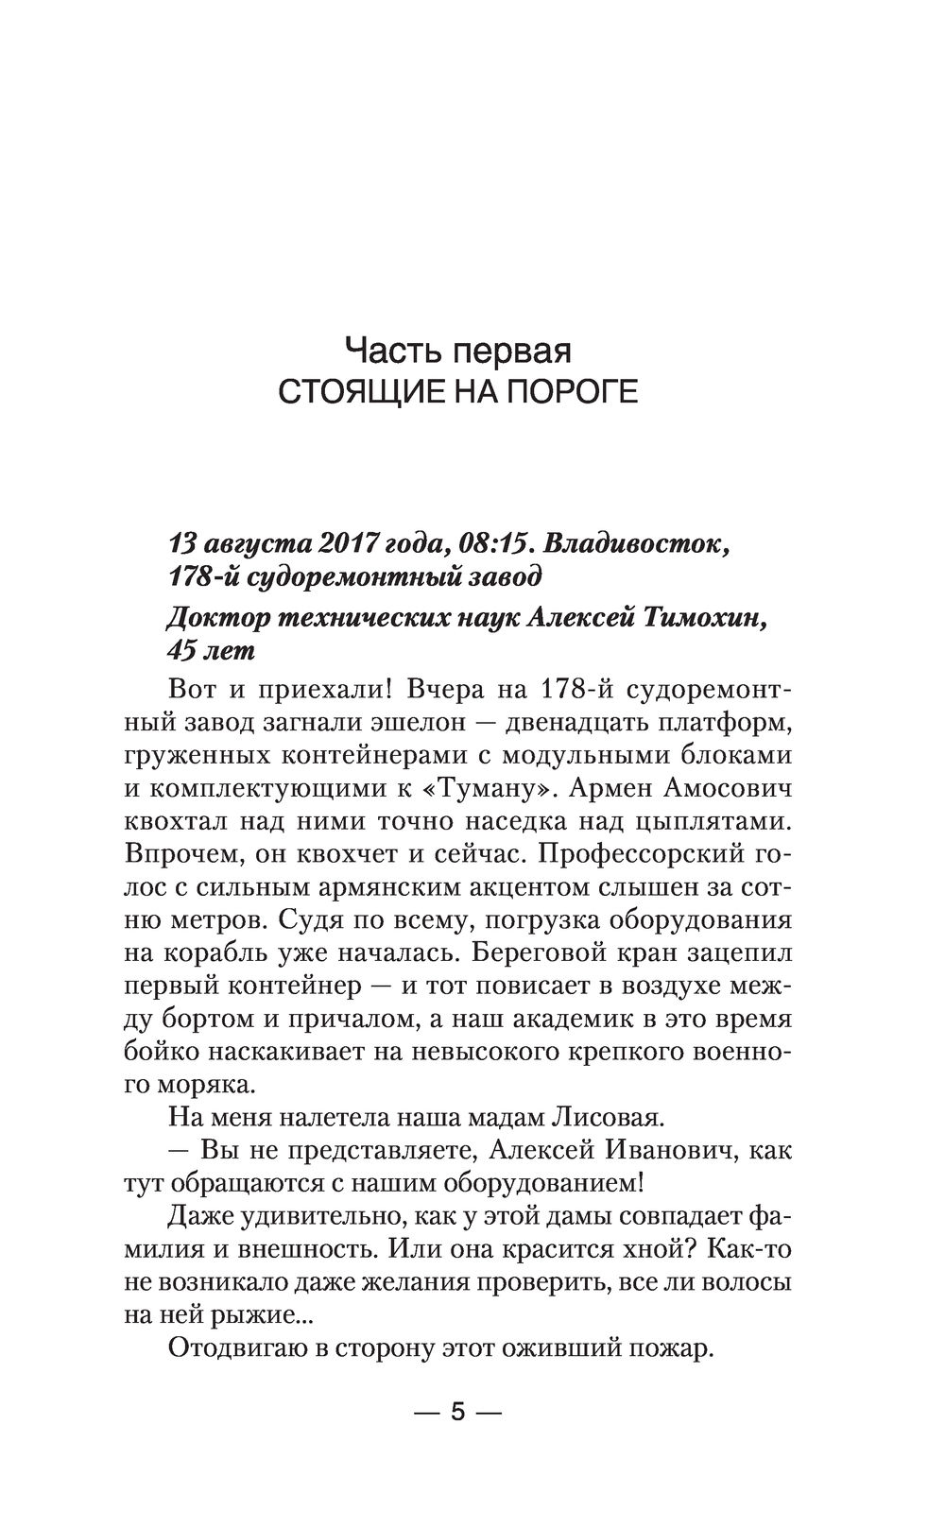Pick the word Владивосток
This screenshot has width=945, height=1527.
tap(639, 545)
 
